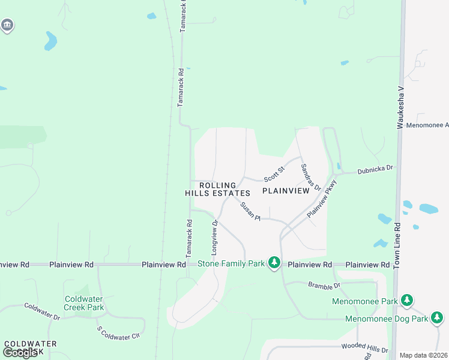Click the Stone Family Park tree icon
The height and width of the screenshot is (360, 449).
pos(274,263)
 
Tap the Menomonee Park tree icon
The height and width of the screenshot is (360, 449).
pos(408,300)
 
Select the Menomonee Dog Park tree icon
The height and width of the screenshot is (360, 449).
pos(438,318)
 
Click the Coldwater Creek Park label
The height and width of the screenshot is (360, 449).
pos(84,303)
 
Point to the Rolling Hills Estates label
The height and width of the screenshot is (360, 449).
pos(217,189)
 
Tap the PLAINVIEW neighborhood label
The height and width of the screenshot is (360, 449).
pos(286,190)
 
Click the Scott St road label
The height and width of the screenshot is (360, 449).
pos(273,175)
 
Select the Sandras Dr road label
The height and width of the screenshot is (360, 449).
pos(311,176)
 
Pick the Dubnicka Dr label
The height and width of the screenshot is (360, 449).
pos(375,169)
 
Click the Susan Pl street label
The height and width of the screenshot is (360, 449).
pos(250,211)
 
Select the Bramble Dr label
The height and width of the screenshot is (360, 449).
pos(324,285)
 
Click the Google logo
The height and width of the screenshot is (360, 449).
pos(20,353)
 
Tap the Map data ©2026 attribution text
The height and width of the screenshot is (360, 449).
pos(423,355)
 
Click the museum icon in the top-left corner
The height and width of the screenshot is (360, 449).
pos(7,25)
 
